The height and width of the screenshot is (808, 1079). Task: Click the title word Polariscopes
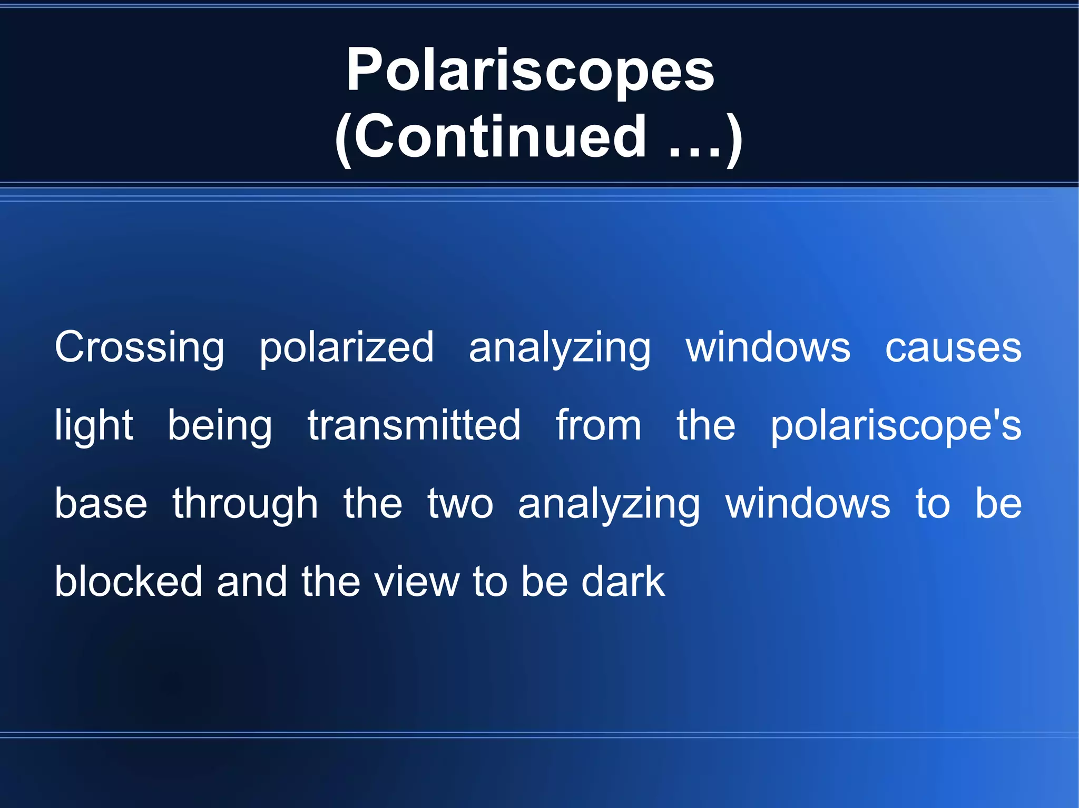click(x=530, y=71)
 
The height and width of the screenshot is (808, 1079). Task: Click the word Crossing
click(x=140, y=348)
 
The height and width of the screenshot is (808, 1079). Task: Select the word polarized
click(x=347, y=348)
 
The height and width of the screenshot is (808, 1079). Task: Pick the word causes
click(x=953, y=348)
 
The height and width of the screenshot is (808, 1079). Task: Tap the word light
click(x=94, y=426)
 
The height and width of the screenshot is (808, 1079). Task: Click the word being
click(x=220, y=426)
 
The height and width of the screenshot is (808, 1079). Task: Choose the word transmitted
click(x=414, y=425)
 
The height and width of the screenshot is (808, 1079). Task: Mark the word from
click(x=599, y=425)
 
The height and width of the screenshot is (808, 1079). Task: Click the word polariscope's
click(x=896, y=426)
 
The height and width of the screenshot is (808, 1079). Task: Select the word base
click(x=101, y=504)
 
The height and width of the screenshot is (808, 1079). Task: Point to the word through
click(x=246, y=504)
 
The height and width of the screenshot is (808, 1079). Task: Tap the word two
click(x=460, y=504)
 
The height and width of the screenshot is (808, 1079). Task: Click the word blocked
click(x=129, y=582)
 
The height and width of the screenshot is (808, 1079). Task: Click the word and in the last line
click(x=251, y=582)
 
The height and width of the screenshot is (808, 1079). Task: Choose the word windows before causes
click(x=768, y=348)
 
